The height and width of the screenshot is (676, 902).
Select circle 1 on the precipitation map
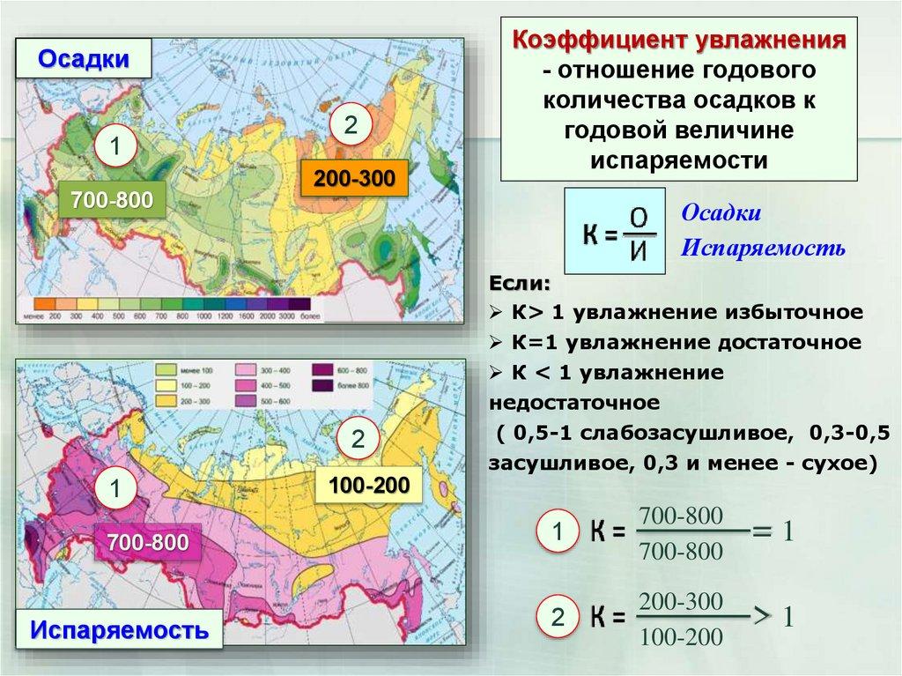115,147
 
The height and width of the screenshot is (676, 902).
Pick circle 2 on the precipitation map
350,126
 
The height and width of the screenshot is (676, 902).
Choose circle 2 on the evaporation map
358,441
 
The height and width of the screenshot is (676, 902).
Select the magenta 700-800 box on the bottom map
148,543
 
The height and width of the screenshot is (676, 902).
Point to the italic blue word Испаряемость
763,249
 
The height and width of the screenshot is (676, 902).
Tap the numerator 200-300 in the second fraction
681,602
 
